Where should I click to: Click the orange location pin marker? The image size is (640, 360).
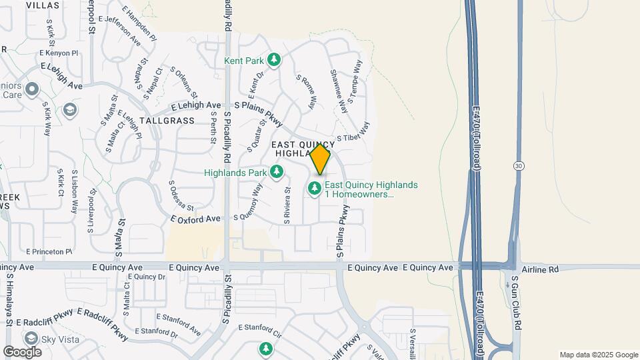(x=321, y=159)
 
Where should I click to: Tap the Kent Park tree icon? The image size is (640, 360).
(x=273, y=61)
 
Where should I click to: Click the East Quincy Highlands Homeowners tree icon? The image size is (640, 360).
(x=315, y=189)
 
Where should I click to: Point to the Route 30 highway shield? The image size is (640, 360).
(x=519, y=165)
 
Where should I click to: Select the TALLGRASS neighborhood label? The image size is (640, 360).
(x=167, y=121)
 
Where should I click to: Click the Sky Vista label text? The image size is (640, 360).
(x=60, y=339)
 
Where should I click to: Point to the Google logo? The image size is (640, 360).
(x=22, y=351)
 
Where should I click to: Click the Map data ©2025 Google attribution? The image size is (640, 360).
(x=598, y=355)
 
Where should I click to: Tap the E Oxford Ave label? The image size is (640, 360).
(x=195, y=219)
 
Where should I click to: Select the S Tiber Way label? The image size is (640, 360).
(x=353, y=138)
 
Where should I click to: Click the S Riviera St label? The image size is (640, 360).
(x=287, y=205)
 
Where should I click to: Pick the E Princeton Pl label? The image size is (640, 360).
(x=49, y=251)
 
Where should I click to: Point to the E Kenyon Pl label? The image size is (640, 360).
(x=59, y=52)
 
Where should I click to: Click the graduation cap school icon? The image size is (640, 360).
(x=70, y=109)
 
